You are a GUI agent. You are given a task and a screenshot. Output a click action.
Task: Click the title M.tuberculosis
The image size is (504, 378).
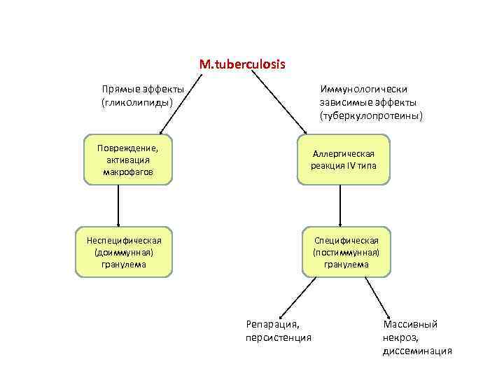242,64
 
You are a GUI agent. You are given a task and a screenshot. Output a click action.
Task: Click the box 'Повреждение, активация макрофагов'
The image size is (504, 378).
128,160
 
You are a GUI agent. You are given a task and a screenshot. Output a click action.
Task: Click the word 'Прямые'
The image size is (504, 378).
119,90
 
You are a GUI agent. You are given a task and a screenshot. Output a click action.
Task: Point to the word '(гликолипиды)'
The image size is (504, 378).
137,102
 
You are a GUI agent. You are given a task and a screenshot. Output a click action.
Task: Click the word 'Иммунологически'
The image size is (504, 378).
363,90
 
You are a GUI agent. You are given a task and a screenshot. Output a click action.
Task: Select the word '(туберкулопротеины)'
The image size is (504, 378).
372,115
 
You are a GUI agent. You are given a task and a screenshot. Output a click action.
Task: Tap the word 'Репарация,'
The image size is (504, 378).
272,325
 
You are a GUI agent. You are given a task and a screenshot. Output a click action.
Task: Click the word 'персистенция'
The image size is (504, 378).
278,337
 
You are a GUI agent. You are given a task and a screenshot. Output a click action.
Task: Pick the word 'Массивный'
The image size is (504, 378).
410,325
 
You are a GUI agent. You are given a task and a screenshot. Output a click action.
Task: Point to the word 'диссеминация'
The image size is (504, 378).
417,350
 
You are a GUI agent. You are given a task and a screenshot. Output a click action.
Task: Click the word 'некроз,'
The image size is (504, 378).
400,337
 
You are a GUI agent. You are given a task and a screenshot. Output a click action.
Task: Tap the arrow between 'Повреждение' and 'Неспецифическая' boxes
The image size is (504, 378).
118,206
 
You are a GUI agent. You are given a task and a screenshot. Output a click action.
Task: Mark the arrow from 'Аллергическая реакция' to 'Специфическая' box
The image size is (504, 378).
340,206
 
